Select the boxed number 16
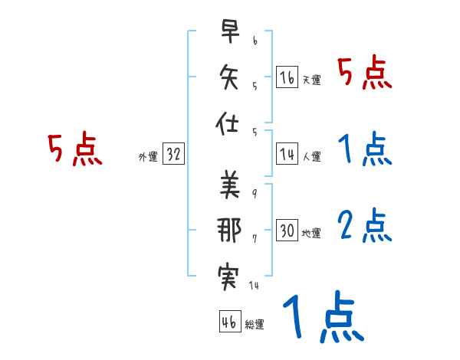tap(287, 77)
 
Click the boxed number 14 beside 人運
tap(287, 154)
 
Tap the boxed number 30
tap(287, 231)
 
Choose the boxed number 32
tap(173, 154)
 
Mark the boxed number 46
tap(228, 322)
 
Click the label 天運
tap(310, 80)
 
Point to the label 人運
tap(310, 157)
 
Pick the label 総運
tap(254, 325)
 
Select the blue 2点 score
tap(364, 227)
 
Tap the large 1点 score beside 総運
tap(322, 318)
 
